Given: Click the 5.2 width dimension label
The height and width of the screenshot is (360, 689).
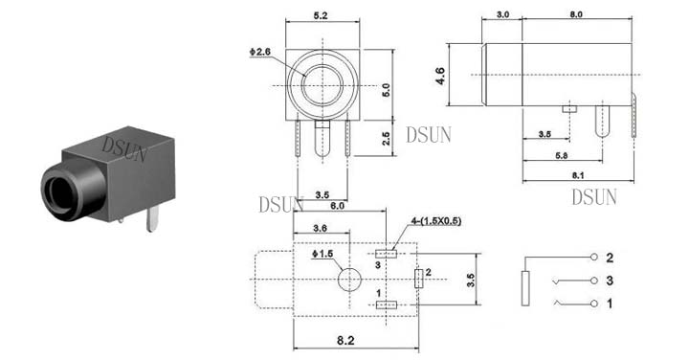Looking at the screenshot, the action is tap(321, 15).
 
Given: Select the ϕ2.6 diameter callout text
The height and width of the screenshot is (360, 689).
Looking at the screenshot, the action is tap(260, 52).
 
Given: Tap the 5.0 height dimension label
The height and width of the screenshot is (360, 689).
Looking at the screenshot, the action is tap(386, 90).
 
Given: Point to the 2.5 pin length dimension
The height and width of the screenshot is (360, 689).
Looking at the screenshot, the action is tap(386, 138).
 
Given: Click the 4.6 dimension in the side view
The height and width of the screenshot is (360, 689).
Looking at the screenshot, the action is tap(440, 76).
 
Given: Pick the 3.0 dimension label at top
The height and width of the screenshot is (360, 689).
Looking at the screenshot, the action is tap(502, 14).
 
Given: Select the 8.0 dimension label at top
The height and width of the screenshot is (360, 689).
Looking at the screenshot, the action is tap(576, 14).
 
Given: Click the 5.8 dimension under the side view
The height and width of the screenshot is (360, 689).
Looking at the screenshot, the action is tap(561, 155).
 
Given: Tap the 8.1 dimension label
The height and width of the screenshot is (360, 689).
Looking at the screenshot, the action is tap(578, 175).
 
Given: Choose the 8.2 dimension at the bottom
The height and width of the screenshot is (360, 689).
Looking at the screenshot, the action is tap(345, 340).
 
